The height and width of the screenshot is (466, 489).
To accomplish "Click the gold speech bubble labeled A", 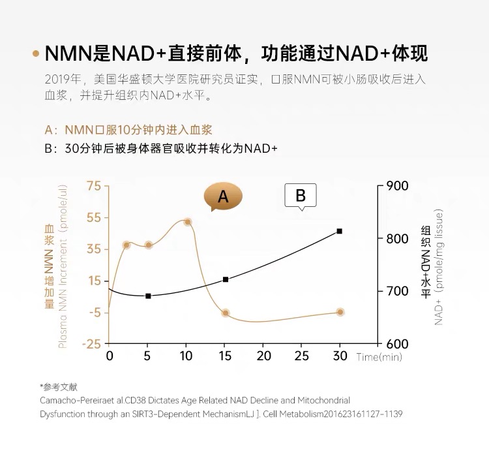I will (223, 196).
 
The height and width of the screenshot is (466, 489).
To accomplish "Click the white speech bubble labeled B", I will (301, 195).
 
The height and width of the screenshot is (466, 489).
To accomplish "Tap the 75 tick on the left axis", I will (93, 186).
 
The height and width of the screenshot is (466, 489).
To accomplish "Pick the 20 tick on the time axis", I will (263, 356).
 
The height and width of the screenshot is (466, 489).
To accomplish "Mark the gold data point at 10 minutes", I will (187, 222).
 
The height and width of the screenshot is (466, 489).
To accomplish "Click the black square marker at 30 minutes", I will (340, 231).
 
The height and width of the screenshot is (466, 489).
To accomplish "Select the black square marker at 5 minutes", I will (148, 296).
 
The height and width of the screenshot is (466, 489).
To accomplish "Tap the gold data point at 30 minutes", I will (340, 312).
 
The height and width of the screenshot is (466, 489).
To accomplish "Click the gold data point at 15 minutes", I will (226, 313).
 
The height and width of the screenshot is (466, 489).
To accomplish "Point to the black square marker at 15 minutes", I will (226, 279).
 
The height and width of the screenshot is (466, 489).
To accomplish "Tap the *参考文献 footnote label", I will (58, 386).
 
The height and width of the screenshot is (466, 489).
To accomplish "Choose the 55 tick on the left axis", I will (93, 217).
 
